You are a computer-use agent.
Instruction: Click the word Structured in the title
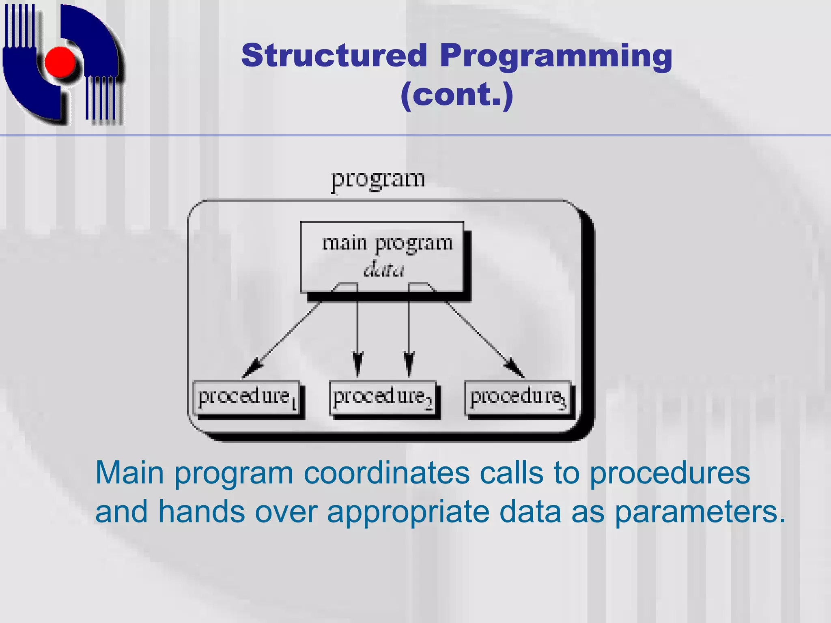(334, 56)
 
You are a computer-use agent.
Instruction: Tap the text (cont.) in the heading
(457, 95)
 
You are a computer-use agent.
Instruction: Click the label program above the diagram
(378, 179)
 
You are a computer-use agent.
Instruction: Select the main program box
(381, 256)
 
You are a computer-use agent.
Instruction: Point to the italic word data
(383, 270)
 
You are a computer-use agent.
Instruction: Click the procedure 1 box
(247, 397)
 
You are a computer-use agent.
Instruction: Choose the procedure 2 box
(383, 397)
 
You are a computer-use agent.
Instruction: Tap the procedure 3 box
(518, 397)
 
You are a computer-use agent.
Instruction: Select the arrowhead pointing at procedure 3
(515, 368)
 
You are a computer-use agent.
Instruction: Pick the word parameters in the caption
(700, 512)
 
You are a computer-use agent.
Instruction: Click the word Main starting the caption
(129, 473)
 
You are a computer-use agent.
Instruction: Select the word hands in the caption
(201, 512)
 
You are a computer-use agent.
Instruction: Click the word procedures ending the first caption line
(670, 474)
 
